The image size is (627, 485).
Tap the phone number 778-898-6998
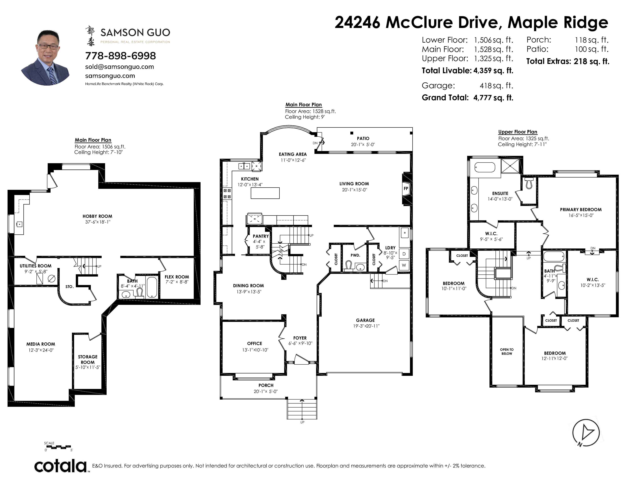tap(121, 56)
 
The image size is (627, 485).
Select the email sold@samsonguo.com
tap(120, 67)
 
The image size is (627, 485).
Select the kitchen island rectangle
tap(265, 193)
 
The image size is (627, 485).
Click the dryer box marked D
tap(404, 254)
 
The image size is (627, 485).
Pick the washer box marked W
tap(404, 265)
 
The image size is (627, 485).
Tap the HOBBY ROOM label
tap(97, 216)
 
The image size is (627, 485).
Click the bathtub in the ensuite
tap(485, 167)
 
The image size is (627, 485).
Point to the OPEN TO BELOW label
tap(507, 352)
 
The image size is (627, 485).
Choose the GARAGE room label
tap(365, 320)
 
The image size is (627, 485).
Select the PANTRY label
tap(261, 236)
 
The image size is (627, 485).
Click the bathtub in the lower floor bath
tap(152, 287)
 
